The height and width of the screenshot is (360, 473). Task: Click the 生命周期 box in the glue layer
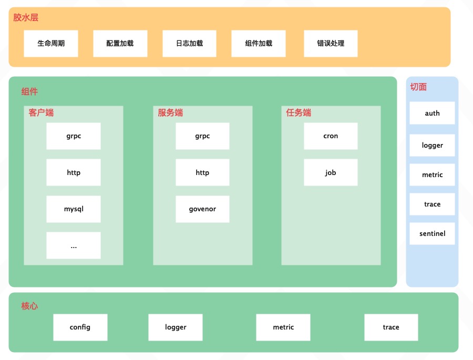pos(51,44)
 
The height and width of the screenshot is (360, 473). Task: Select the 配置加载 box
pos(120,44)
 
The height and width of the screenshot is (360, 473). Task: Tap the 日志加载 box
pos(189,44)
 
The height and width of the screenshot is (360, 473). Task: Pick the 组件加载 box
pos(259,44)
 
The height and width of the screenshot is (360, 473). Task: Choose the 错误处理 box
pos(331,44)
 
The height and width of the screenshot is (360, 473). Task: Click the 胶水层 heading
pos(26,17)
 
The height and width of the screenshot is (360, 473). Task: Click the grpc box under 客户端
pos(74,136)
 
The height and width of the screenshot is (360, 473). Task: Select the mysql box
pos(74,209)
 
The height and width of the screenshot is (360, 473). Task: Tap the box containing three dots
pos(74,245)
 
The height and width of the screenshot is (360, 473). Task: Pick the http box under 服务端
pos(202,172)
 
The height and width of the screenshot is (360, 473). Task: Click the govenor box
pos(202,209)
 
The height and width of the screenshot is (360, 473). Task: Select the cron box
pos(331,136)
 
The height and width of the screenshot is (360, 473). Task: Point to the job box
pos(331,172)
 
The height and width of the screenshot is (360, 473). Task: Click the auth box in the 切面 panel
pos(432,113)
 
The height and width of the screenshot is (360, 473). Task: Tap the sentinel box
pos(432,233)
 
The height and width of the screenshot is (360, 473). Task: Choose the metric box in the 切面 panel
pos(432,174)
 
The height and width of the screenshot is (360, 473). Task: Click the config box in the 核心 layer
pos(80,327)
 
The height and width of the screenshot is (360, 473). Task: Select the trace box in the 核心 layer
pos(391,327)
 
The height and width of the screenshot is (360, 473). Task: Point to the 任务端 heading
pos(299,112)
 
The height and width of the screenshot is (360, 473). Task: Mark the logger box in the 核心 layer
pos(176,327)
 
